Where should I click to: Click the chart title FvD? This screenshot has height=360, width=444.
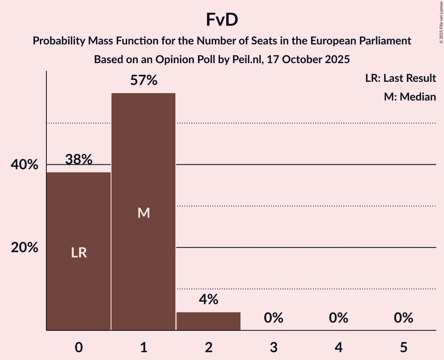[222, 20]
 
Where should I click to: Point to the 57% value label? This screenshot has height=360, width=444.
[144, 81]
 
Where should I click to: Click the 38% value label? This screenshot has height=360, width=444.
[79, 159]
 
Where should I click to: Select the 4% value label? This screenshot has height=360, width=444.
[209, 299]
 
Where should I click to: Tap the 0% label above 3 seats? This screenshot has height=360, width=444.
[273, 318]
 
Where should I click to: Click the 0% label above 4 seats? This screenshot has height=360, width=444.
[338, 318]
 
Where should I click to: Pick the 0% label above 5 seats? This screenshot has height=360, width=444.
[403, 318]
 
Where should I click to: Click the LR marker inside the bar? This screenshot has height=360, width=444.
[79, 253]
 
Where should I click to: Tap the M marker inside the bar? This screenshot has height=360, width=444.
[144, 213]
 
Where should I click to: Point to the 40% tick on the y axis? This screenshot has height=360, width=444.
[25, 165]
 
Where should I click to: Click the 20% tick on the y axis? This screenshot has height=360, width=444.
[25, 247]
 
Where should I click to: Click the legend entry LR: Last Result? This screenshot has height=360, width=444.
[400, 78]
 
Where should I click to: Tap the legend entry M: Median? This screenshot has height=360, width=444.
[410, 97]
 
